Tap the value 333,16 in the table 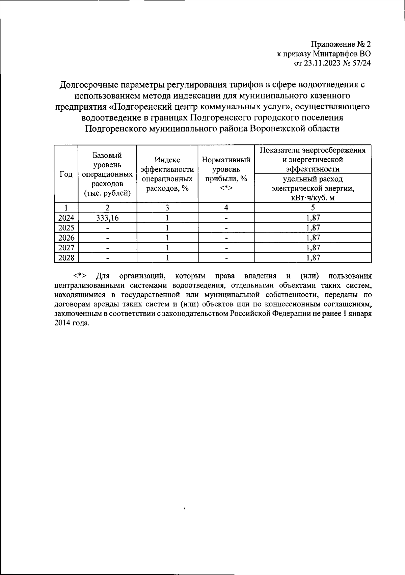point(107,218)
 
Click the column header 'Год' point(66,174)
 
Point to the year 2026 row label point(66,238)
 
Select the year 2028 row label point(66,258)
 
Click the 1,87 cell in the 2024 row point(313,218)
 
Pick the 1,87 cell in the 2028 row point(313,258)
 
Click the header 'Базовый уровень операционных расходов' point(107,174)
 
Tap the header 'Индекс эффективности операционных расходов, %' point(167,174)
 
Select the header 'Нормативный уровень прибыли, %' point(226,174)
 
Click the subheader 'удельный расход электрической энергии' point(313,188)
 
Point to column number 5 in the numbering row point(313,208)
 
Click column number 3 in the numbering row point(167,208)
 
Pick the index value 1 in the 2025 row point(167,228)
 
